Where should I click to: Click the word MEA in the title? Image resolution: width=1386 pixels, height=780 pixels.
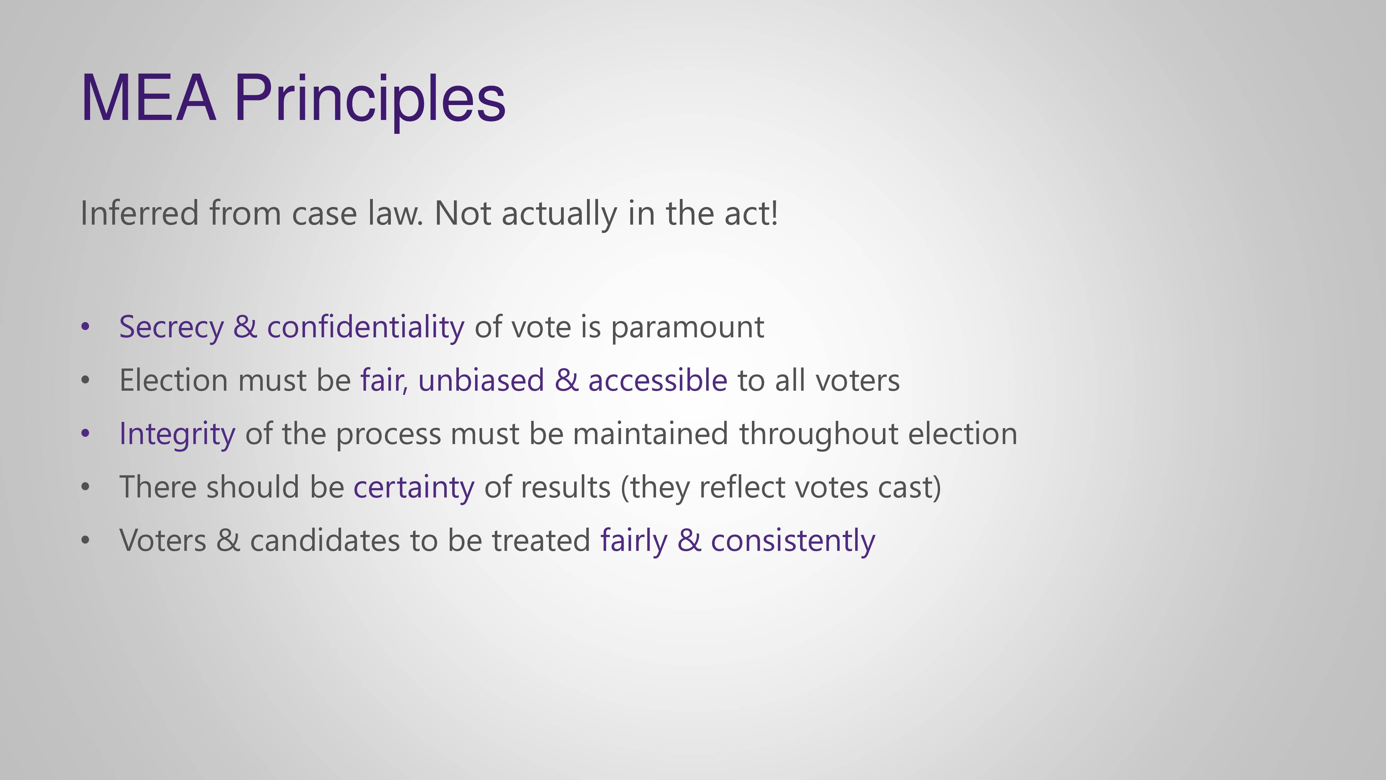(149, 98)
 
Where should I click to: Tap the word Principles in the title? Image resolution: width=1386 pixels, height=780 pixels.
(370, 102)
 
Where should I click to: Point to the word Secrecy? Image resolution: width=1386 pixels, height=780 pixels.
(171, 327)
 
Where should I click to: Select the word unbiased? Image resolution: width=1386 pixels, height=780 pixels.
(481, 380)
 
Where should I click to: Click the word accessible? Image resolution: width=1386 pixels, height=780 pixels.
(658, 380)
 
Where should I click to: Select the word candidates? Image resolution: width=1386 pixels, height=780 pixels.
(325, 540)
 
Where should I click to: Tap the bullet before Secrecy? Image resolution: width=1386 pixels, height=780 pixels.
(85, 327)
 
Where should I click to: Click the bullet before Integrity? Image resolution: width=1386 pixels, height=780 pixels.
(85, 433)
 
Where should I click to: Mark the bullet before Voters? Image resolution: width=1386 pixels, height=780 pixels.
(85, 540)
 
